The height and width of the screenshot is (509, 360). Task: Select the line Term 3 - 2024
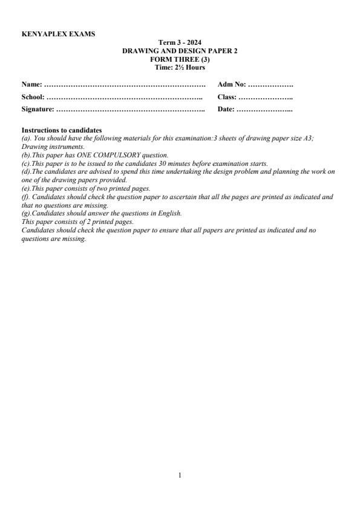tap(180, 42)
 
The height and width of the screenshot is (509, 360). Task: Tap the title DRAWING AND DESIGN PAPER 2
tap(180, 51)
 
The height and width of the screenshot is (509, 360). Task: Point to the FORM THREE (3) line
tap(180, 59)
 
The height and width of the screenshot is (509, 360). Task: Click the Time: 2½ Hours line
tap(180, 67)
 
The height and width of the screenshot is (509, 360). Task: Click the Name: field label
tap(32, 84)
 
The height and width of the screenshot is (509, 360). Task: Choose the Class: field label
tap(227, 97)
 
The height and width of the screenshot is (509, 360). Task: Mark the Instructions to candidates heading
tap(62, 130)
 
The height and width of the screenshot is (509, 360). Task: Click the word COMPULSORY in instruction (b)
tap(114, 156)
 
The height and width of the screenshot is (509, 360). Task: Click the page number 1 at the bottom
tap(180, 475)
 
